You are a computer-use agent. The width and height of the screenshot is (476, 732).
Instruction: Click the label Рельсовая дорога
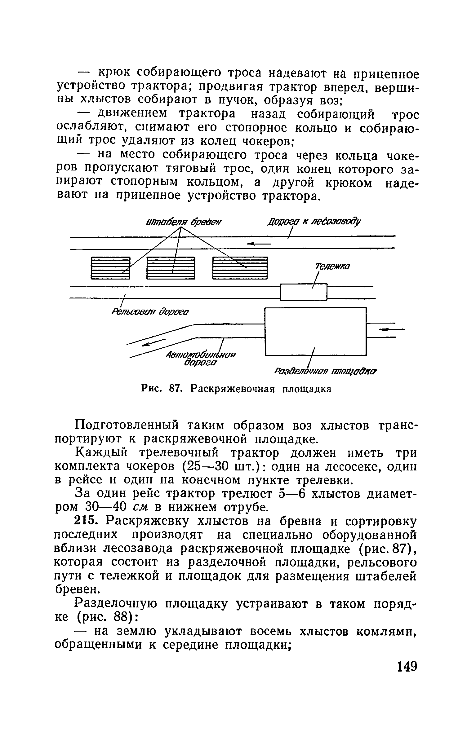[150, 311]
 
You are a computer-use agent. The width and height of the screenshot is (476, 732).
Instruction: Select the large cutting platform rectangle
[315, 331]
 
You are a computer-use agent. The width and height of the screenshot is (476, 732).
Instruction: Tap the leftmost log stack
[110, 268]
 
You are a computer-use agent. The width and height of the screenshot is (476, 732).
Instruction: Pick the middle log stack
[171, 268]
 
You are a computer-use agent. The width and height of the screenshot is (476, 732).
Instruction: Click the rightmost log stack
[240, 268]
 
